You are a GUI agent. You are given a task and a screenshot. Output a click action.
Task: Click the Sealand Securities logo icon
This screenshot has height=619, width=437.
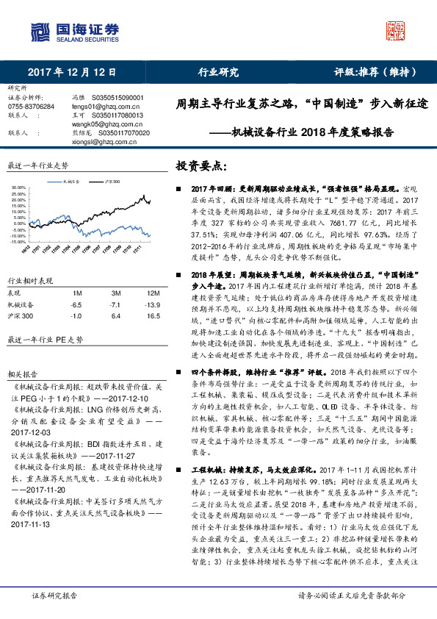tap(38, 33)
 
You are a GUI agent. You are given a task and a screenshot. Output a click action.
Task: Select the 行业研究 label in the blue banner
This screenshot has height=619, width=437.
tap(218, 72)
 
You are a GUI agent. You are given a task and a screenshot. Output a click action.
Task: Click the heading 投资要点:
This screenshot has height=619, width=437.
tap(199, 167)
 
